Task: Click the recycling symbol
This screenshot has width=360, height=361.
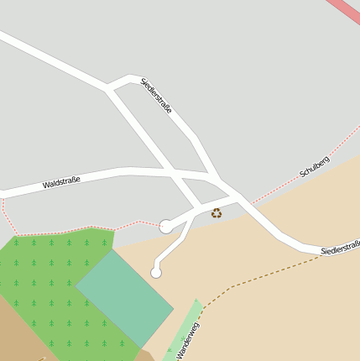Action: click(217, 213)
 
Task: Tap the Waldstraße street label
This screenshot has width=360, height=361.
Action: click(61, 181)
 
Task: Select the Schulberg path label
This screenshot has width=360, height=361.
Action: click(314, 166)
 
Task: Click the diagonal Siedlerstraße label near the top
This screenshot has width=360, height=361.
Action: click(157, 96)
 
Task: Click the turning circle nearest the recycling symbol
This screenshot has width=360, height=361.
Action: click(166, 226)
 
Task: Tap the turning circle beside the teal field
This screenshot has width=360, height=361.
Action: click(156, 272)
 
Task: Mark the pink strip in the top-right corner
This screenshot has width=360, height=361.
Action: click(343, 11)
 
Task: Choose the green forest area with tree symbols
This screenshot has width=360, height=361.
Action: click(42, 277)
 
